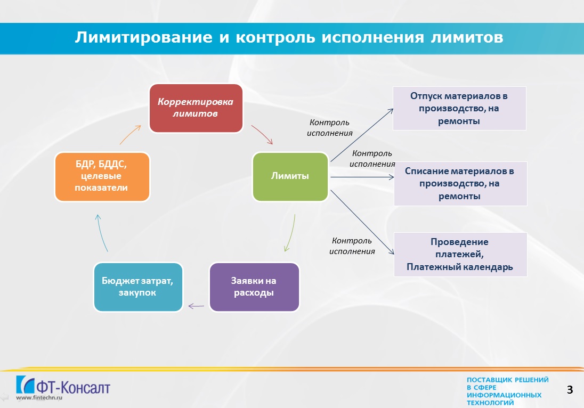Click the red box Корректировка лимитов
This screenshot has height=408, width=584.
[196, 108]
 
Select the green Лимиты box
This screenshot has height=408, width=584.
[290, 176]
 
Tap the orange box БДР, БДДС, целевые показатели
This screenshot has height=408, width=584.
[102, 177]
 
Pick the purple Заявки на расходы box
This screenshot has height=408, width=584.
[254, 287]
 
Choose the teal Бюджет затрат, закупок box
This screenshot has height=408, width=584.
[138, 287]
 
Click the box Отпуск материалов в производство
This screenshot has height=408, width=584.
[459, 108]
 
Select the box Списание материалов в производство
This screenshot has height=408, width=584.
[460, 184]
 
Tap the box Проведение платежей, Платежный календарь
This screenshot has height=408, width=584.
[460, 254]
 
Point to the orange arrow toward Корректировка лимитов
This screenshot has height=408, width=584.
[129, 134]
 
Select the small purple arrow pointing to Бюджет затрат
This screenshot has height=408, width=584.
[196, 306]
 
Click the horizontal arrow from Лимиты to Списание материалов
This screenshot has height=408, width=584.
[362, 177]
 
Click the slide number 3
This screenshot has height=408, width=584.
[570, 389]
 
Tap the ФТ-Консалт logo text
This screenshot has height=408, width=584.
[73, 387]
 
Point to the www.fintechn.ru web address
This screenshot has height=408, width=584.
[39, 397]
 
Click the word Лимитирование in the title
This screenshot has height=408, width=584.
[144, 37]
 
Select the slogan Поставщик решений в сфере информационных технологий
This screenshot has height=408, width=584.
[508, 391]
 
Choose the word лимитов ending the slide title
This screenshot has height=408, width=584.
[467, 37]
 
